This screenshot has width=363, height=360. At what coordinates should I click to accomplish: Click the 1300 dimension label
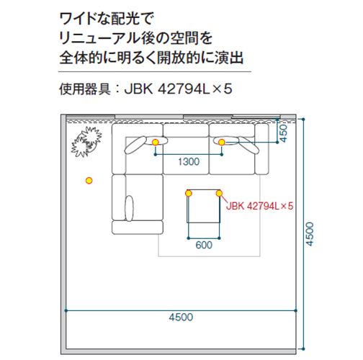[189, 162]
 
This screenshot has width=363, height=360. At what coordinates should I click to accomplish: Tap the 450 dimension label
[284, 133]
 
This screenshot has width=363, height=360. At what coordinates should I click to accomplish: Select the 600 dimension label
[204, 245]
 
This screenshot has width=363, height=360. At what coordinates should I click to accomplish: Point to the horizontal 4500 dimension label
[181, 318]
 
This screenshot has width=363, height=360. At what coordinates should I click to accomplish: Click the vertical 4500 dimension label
[310, 234]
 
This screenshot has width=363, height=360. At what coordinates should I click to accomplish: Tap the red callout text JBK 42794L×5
[260, 206]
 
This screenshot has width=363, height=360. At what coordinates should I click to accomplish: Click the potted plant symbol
[86, 142]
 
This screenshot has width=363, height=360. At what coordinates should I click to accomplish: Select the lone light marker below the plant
[89, 181]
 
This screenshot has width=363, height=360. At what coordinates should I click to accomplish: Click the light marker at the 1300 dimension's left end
[156, 143]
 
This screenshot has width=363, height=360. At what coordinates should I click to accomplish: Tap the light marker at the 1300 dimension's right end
[222, 143]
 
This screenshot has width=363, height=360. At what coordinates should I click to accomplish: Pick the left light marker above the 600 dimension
[189, 193]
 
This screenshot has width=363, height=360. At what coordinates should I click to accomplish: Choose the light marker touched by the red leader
[219, 193]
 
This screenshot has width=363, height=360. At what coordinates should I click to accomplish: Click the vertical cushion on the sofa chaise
[129, 208]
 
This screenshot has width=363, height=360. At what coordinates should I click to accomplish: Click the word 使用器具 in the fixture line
[85, 89]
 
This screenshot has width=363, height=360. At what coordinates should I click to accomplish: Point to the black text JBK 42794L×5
[178, 89]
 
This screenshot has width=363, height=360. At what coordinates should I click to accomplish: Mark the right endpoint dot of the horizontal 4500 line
[295, 310]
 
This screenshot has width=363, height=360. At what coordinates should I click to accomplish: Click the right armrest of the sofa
[261, 149]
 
